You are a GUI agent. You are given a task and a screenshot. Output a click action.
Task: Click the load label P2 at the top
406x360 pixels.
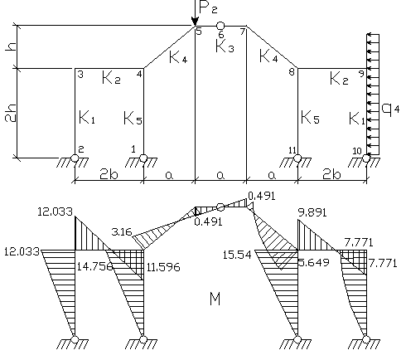208,8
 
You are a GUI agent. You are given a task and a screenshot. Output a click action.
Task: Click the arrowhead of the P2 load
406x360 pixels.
195,22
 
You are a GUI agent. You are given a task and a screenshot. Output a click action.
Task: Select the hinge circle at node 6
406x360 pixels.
220,26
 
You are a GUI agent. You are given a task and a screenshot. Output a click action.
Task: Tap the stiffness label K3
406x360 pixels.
225,46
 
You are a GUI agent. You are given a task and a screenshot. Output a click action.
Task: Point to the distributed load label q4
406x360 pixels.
390,109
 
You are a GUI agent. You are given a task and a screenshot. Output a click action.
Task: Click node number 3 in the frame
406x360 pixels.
80,75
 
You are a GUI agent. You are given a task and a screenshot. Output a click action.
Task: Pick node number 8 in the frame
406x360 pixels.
292,72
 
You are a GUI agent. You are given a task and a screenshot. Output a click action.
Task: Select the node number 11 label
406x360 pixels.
292,150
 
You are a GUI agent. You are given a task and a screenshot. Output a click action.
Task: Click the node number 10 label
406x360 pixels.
357,151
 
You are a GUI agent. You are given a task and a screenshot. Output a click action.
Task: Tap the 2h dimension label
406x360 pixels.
11,113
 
